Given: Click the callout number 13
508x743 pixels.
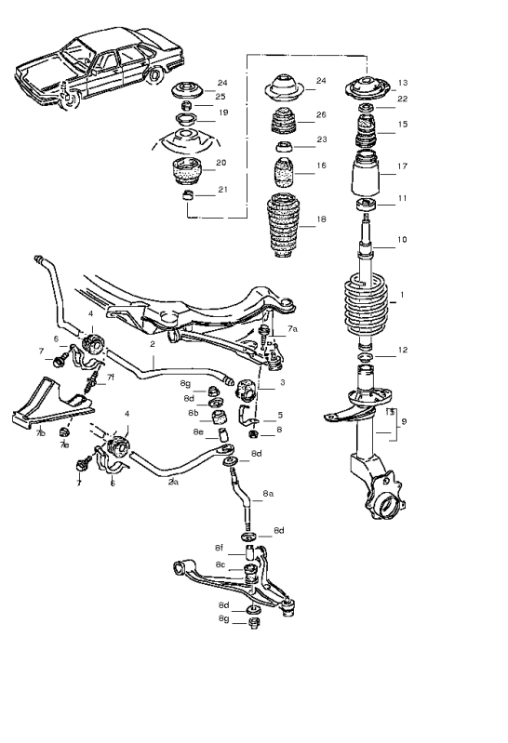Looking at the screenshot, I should tap(403, 82).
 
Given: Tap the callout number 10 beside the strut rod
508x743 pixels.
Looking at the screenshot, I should tap(403, 240).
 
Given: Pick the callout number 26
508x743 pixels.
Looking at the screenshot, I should tap(321, 115).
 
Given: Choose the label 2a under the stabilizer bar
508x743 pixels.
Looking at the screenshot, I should tap(173, 482).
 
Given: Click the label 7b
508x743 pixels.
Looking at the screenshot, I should tap(40, 433).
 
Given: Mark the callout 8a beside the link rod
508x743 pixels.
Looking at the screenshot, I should tap(268, 494).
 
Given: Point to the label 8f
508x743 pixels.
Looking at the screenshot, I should tap(220, 548).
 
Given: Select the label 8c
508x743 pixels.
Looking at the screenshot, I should tap(220, 564).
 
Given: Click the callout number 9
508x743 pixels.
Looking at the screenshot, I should tap(403, 420).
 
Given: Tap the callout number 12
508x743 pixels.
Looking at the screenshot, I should tap(403, 351).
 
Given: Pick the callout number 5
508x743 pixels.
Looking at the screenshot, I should tap(279, 415).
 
